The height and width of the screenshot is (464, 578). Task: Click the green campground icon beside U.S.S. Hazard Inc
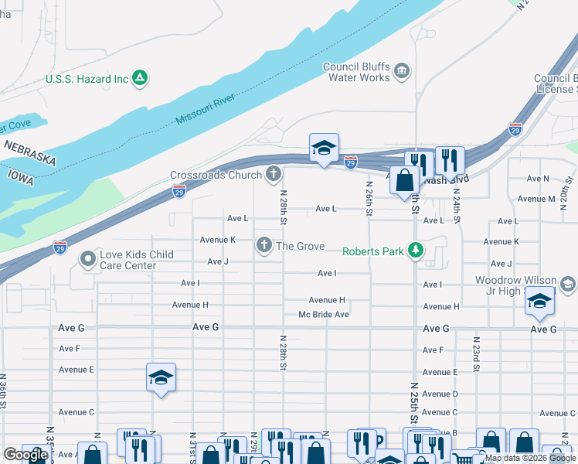[140, 78]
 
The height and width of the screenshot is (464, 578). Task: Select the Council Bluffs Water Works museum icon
[401, 72]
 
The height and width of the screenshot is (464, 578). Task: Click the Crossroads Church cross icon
[273, 175]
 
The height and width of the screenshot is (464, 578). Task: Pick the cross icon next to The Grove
[264, 246]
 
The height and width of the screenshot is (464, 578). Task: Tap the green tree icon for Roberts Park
[416, 251]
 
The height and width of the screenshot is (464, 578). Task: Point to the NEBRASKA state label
[30, 152]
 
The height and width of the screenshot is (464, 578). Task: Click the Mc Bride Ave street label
[324, 315]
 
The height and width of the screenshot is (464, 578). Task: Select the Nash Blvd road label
[447, 179]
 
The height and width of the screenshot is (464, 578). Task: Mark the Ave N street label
[538, 179]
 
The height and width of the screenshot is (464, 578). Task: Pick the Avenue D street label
[440, 394]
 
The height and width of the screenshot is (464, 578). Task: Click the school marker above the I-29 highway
[324, 148]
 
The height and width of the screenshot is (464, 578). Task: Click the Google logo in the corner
[25, 455]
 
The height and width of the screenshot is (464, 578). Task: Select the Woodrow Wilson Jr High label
[515, 285]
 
